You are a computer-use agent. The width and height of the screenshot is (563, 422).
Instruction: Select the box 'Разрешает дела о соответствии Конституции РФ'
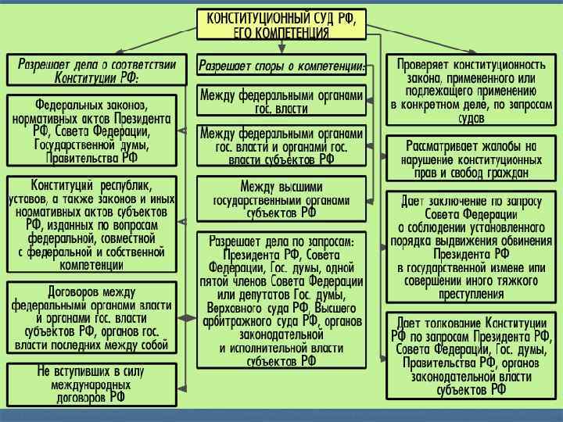pos(97,70)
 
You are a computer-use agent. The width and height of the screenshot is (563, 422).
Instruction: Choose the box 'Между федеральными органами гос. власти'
pos(281,102)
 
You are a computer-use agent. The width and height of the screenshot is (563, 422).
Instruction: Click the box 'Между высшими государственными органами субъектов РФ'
pos(281,198)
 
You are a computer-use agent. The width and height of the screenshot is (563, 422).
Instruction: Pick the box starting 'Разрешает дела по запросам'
pos(281,299)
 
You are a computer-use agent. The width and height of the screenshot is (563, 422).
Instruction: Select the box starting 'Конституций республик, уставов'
pos(91,224)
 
